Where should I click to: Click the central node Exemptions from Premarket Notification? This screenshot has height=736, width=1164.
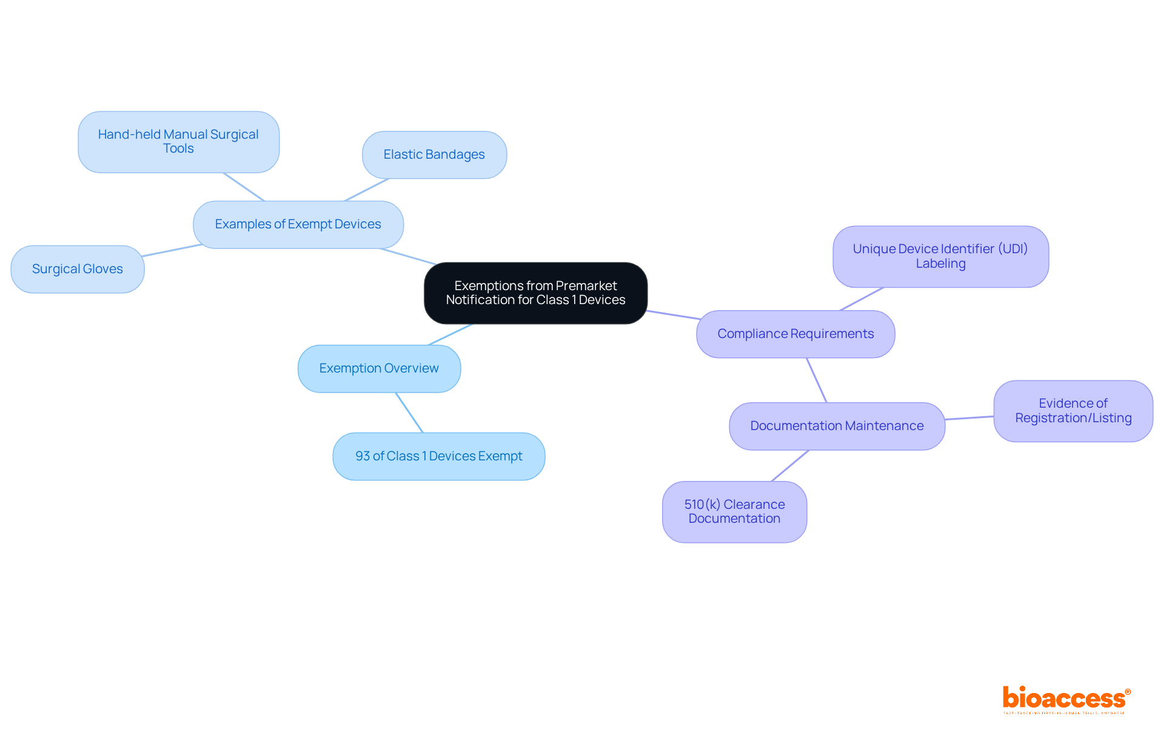click(x=535, y=293)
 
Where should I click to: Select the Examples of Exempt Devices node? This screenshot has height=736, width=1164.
click(x=298, y=225)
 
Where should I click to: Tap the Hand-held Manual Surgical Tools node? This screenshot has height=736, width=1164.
click(x=178, y=142)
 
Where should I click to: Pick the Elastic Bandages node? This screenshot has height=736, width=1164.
click(x=434, y=155)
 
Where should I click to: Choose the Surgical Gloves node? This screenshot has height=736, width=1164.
click(x=78, y=269)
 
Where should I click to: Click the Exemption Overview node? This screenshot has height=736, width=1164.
click(x=379, y=369)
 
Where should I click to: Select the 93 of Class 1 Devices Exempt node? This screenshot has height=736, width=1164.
click(x=438, y=456)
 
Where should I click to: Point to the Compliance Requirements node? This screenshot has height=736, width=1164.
click(x=795, y=334)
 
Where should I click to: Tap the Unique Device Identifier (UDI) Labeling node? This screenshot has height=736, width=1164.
click(x=940, y=257)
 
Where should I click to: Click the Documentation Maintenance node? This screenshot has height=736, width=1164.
click(x=837, y=426)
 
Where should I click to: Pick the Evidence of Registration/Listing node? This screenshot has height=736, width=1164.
click(x=1073, y=411)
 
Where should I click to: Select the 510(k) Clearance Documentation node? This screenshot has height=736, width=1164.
click(x=734, y=512)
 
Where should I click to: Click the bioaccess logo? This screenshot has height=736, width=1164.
click(x=1066, y=699)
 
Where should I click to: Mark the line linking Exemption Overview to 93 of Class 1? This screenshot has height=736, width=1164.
click(x=409, y=413)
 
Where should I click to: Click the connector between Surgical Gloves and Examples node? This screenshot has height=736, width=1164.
click(x=172, y=250)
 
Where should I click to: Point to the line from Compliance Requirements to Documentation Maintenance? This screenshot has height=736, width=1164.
click(x=816, y=380)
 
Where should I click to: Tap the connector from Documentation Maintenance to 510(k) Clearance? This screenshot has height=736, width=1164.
click(x=790, y=466)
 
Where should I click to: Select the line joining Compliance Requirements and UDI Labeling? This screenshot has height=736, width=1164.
click(x=861, y=299)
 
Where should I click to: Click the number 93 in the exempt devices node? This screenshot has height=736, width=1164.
click(x=363, y=456)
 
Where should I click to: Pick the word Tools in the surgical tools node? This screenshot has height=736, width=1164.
click(x=178, y=149)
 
